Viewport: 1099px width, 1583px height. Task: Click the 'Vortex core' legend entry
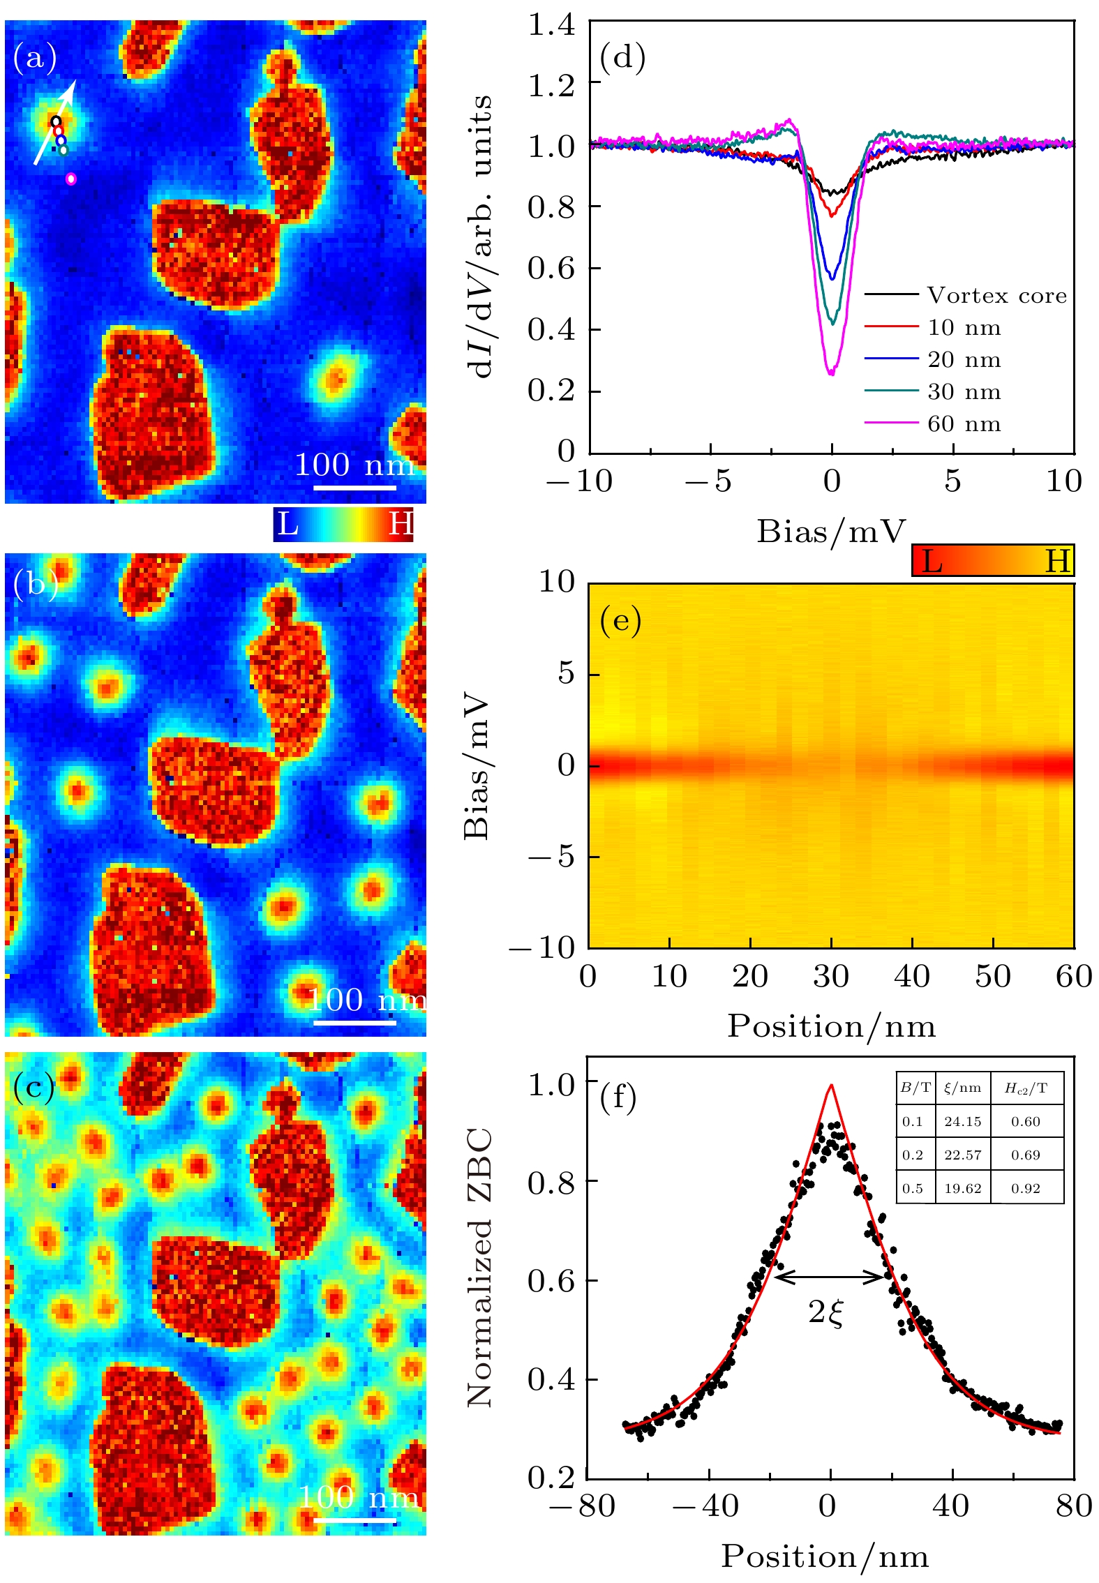click(996, 296)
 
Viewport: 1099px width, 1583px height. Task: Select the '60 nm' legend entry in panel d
click(964, 424)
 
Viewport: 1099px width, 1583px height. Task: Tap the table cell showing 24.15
click(962, 1122)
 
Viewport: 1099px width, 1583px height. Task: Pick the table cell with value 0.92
click(1025, 1189)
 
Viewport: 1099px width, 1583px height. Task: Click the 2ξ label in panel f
click(827, 1312)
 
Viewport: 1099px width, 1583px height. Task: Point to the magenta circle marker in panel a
click(70, 179)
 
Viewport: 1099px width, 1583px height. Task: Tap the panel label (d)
click(622, 57)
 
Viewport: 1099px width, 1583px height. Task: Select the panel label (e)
click(620, 620)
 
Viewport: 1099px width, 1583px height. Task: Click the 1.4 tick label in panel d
click(551, 25)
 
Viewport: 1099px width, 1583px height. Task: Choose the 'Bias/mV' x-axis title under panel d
click(830, 532)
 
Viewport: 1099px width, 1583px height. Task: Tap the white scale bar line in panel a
click(354, 487)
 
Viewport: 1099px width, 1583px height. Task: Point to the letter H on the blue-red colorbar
click(401, 524)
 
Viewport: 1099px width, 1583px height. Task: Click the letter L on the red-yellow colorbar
click(932, 561)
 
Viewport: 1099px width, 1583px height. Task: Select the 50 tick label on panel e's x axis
click(993, 977)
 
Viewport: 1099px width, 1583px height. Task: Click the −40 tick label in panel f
click(706, 1506)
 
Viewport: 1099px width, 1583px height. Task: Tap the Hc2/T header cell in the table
click(1025, 1088)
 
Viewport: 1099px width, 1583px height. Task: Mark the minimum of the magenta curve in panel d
click(831, 375)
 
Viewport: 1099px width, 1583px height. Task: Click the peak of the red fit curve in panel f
click(831, 1085)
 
